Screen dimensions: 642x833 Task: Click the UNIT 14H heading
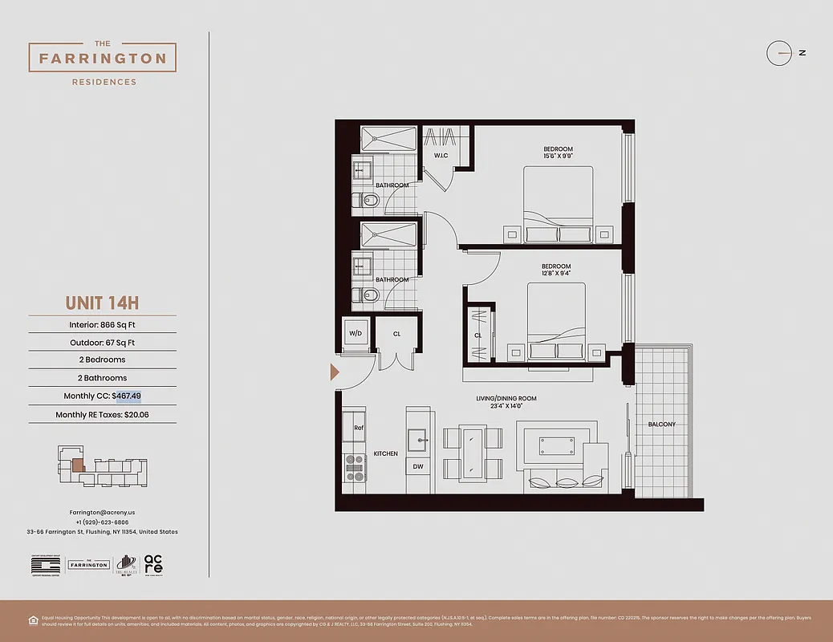coord(102,303)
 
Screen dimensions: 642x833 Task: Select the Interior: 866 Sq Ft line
coord(102,325)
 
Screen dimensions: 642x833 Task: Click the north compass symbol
coord(780,53)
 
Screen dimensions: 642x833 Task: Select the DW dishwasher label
coord(418,466)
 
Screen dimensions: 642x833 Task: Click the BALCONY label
coord(662,424)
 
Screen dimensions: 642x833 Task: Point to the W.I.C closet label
coord(441,155)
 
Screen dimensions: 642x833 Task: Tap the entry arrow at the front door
coord(335,372)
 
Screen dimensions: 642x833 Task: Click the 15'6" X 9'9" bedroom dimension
coord(558,157)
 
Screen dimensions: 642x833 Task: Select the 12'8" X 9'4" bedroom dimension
coord(555,274)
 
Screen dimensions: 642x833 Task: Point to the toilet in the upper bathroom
coord(370,200)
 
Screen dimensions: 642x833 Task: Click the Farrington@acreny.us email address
coord(102,512)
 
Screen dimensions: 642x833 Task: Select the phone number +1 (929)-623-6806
coord(102,522)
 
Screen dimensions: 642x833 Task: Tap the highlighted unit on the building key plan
coord(78,464)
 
